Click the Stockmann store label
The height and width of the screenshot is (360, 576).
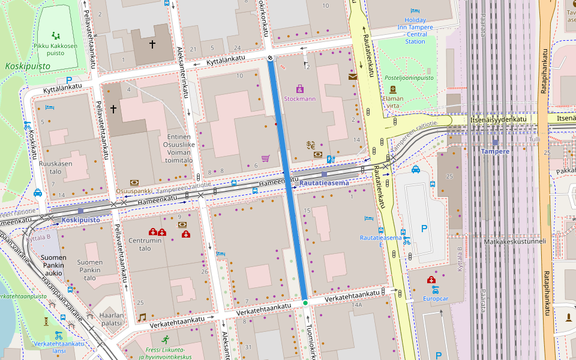coord(299,99)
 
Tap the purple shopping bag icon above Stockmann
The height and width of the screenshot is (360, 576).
coord(300,89)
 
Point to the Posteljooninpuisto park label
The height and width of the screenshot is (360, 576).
coord(409,78)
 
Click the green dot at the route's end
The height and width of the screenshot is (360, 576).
coord(305,303)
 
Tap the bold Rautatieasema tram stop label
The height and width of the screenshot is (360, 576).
coord(324,182)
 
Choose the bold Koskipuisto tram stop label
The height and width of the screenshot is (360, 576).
coord(81,220)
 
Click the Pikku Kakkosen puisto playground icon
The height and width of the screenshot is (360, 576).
coord(56,35)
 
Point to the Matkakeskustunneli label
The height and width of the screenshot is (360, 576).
coord(515,242)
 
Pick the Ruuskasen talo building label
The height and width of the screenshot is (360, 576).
coord(55,167)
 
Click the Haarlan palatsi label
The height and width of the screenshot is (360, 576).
coord(111,319)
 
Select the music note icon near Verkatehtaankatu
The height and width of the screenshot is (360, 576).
coord(142,317)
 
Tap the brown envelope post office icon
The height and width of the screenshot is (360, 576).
coord(352,76)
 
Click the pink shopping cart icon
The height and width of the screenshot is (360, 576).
coord(265,158)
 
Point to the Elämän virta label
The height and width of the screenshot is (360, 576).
coord(393,102)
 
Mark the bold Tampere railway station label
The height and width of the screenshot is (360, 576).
coord(495,151)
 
